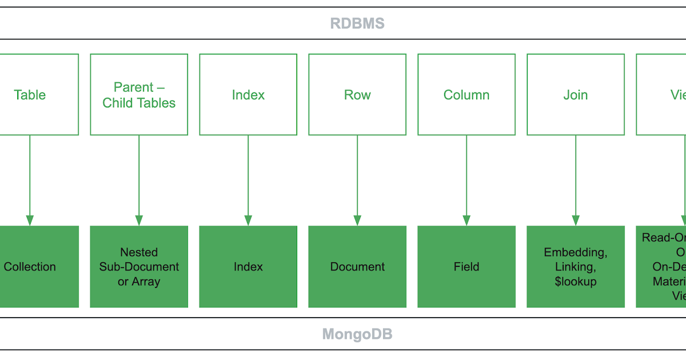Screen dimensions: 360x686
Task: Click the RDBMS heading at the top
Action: [357, 23]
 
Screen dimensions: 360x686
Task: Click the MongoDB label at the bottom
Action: [357, 334]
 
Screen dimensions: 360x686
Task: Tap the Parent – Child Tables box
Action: [139, 95]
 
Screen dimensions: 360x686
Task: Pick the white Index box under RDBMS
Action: [248, 95]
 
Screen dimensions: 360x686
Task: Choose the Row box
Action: [357, 95]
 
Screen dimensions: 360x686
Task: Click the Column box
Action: [466, 95]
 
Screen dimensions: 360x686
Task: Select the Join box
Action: [576, 95]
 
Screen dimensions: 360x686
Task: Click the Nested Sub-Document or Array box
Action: [139, 267]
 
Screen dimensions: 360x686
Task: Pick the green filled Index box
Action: [248, 267]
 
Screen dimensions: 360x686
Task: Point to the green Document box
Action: [357, 267]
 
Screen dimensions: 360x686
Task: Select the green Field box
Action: [466, 267]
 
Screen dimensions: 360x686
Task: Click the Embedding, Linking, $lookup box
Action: [576, 267]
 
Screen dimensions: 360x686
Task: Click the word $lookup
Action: [576, 282]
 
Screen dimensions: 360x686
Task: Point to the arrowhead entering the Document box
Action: [357, 221]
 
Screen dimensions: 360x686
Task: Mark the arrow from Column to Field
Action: [466, 177]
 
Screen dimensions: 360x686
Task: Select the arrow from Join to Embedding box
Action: [576, 177]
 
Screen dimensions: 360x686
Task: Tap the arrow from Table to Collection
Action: [30, 177]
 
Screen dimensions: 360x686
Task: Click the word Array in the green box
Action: [146, 282]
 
